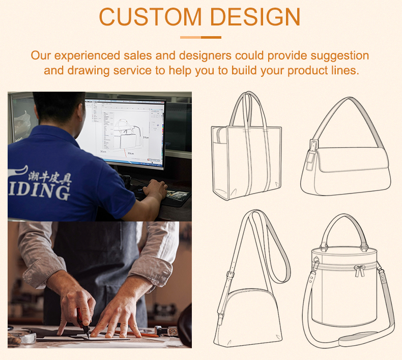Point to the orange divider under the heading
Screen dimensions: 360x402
[200, 37]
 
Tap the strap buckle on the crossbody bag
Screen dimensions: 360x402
[230, 275]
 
